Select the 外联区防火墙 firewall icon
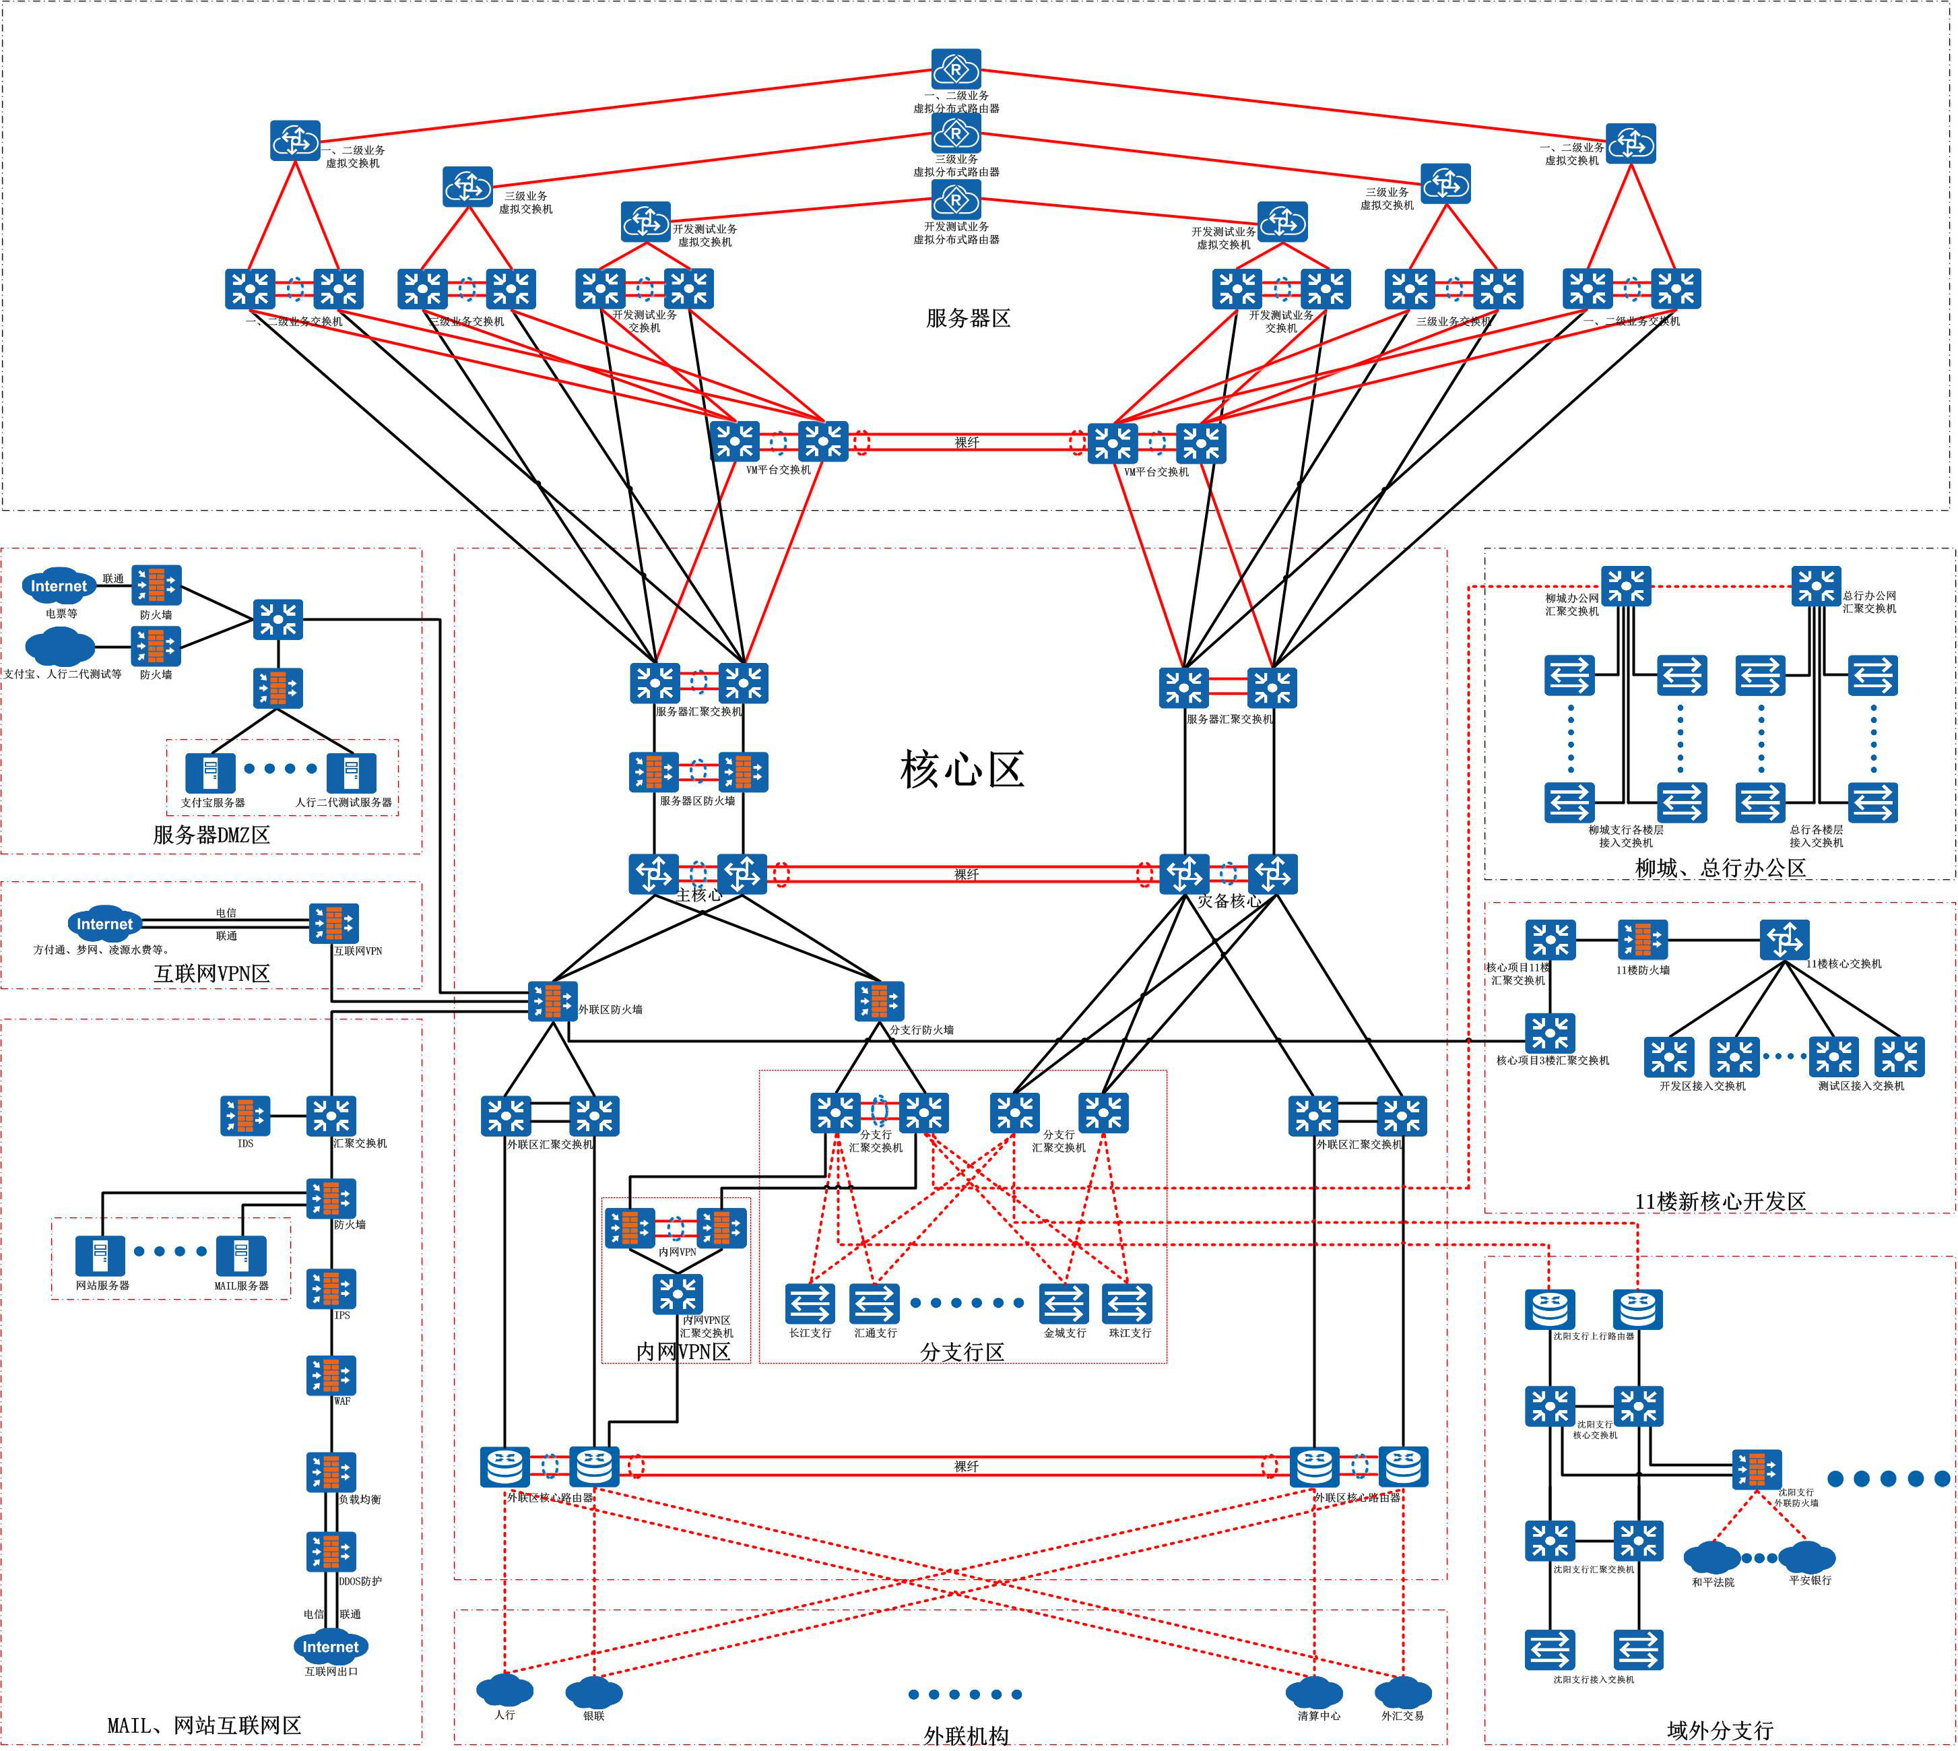(x=553, y=1000)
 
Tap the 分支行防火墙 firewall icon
(x=879, y=1000)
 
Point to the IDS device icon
(x=245, y=1116)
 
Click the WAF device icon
(x=331, y=1375)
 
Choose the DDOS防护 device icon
(x=331, y=1551)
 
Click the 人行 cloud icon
(x=505, y=1690)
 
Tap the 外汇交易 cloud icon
(x=1403, y=1692)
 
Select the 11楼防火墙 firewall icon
(x=1643, y=940)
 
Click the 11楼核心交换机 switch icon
(x=1785, y=940)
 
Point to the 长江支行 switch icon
(x=810, y=1304)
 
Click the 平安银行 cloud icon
(x=1807, y=1556)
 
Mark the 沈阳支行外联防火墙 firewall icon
(x=1757, y=1469)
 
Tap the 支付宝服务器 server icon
(x=211, y=773)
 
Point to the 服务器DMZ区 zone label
(x=211, y=834)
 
